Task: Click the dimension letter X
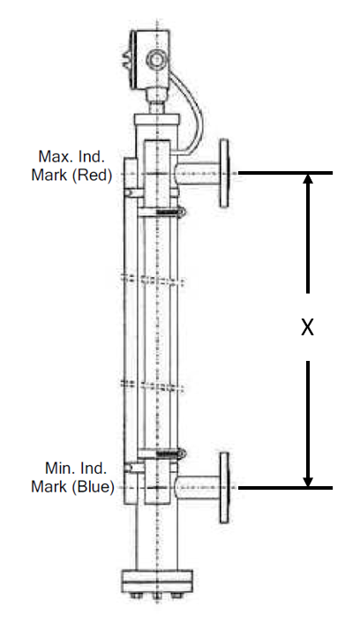click(307, 327)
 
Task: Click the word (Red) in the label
click(92, 176)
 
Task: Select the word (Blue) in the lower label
click(94, 487)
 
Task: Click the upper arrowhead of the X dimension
click(308, 179)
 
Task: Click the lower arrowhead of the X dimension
click(308, 481)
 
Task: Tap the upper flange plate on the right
click(224, 173)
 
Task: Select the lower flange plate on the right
click(224, 487)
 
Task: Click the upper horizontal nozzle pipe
click(198, 174)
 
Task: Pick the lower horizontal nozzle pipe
click(198, 487)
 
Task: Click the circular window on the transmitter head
click(156, 59)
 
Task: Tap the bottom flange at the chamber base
click(157, 581)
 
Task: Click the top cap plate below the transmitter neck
click(157, 119)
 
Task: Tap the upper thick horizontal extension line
click(285, 173)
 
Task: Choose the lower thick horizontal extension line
click(285, 488)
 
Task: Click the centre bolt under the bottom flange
click(157, 596)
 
